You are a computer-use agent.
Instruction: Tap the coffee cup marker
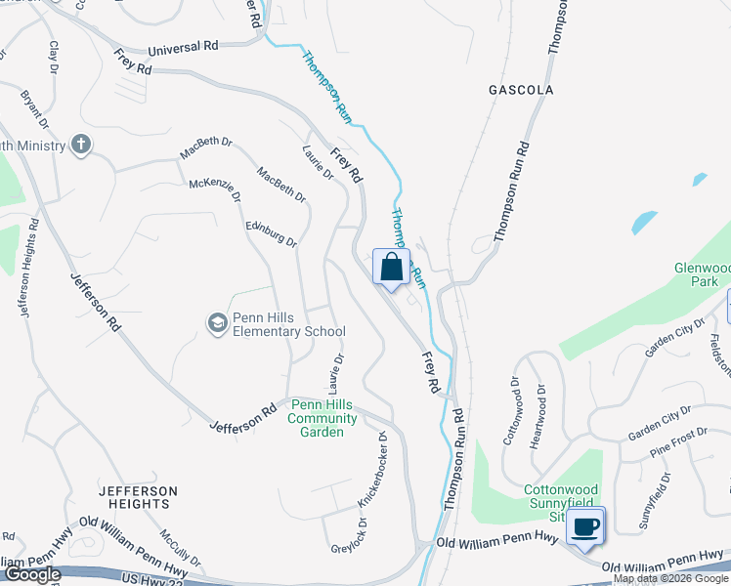click(x=585, y=526)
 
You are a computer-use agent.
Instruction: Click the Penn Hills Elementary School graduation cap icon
click(x=217, y=321)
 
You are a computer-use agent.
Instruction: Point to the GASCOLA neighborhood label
click(x=521, y=90)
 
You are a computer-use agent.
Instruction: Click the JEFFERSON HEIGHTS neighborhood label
click(x=138, y=497)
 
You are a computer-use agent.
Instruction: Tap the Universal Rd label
click(x=184, y=47)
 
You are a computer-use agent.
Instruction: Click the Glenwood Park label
click(x=702, y=274)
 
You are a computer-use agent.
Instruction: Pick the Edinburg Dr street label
click(x=271, y=233)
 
